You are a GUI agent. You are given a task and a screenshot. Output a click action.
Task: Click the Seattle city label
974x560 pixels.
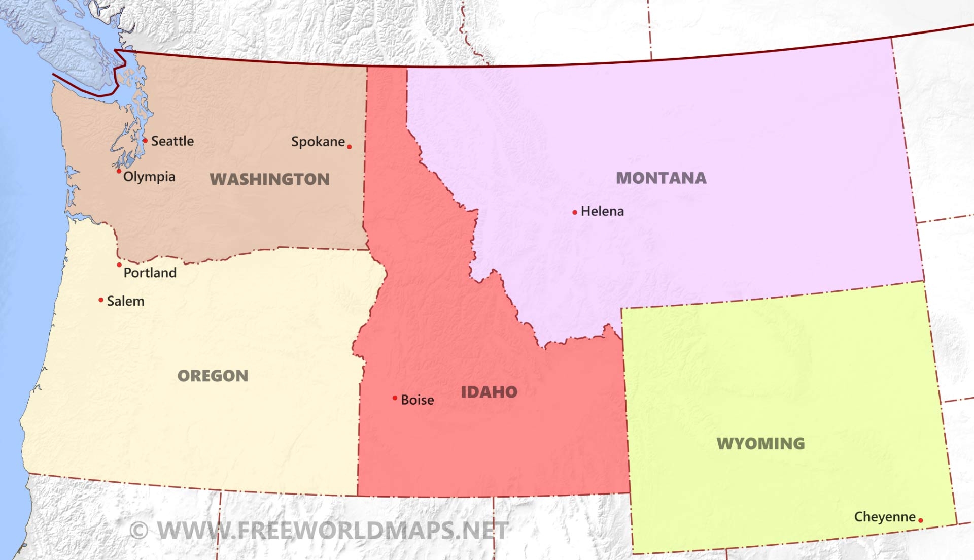pos(172,141)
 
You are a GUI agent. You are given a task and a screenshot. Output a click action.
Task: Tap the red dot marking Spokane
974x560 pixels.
pos(349,147)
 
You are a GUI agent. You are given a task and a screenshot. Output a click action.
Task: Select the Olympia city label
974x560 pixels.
pos(149,176)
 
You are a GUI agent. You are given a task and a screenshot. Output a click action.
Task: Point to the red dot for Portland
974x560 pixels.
pos(119,265)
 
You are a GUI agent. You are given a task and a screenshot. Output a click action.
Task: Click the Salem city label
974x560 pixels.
pos(125,301)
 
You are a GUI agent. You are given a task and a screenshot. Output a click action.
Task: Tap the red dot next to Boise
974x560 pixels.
pos(395,398)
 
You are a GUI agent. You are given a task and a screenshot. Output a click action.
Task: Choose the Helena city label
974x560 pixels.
pos(602,211)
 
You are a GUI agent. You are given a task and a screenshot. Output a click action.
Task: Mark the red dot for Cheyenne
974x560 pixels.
pos(920,520)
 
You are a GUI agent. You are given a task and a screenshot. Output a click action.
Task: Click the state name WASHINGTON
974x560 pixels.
pos(269,179)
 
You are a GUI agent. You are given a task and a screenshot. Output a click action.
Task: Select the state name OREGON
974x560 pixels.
pos(213,376)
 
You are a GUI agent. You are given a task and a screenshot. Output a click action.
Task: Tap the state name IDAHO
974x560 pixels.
pos(489,391)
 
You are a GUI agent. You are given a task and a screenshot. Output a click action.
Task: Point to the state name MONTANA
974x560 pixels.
pos(661,178)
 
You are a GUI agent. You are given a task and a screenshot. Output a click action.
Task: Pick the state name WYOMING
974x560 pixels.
pos(760,443)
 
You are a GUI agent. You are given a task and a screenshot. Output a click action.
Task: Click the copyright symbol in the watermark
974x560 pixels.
pos(138,531)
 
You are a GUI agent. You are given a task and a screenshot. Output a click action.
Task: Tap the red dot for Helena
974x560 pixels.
pos(574,212)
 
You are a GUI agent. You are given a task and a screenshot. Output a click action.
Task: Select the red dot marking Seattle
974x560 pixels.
pos(145,140)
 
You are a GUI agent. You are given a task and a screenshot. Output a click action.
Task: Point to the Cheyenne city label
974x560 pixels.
pos(885,517)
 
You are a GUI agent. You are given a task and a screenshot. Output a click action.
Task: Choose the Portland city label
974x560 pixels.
pos(150,273)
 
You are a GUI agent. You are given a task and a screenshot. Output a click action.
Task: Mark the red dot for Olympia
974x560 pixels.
pos(119,171)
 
